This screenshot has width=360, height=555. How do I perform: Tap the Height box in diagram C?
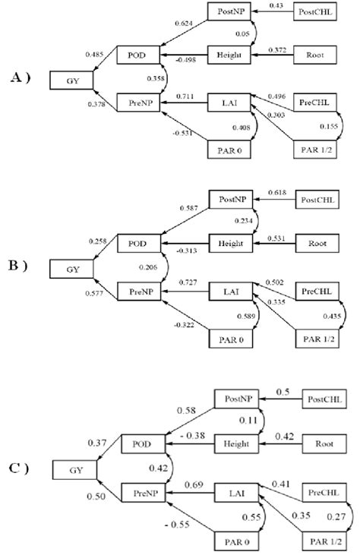(237, 443)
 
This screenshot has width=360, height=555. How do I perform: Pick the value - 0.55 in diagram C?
(179, 522)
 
